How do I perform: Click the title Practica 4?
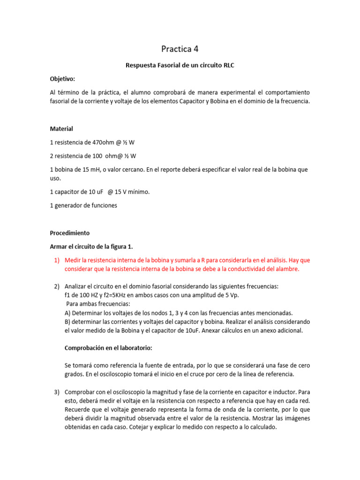pos(180,48)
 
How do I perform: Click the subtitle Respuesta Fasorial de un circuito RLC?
pos(180,66)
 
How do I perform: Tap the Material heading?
pos(61,128)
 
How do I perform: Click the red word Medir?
pos(73,260)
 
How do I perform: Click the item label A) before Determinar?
pos(68,313)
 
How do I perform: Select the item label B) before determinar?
pos(68,322)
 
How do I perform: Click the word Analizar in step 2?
pos(76,286)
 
